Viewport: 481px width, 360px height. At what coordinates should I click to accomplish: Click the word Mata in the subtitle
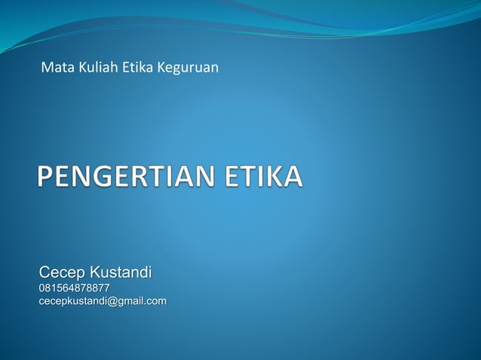coord(55,69)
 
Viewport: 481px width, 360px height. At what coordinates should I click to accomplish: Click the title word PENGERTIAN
coord(127,178)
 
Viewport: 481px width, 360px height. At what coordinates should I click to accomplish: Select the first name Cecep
coord(62,272)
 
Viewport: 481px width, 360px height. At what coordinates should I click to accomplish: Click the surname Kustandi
coord(120,272)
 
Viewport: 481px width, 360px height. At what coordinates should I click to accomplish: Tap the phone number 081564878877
coord(75,288)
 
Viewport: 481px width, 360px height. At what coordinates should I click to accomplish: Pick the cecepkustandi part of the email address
coord(73,301)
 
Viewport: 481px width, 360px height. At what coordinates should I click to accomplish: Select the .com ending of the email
coord(157,301)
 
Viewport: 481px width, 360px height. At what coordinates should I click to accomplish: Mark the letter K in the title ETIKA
coord(272,178)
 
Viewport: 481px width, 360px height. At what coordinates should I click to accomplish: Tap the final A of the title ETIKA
coord(293,178)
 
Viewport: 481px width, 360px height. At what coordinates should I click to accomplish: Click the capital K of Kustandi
coord(95,272)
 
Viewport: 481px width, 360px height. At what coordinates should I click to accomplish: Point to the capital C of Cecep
coord(44,272)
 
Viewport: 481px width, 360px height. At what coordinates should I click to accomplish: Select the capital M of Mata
coord(47,69)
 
